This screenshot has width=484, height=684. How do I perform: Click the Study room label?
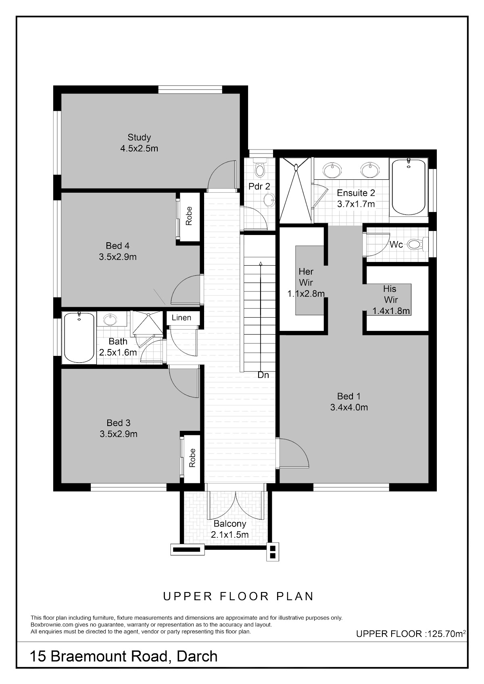pyautogui.click(x=139, y=137)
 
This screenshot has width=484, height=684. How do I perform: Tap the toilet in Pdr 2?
pyautogui.click(x=260, y=168)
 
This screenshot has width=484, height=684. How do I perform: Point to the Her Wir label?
pyautogui.click(x=306, y=277)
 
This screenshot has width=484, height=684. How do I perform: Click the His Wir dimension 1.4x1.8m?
pyautogui.click(x=391, y=311)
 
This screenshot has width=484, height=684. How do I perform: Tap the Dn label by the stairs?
pyautogui.click(x=263, y=375)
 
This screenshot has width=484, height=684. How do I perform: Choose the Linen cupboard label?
pyautogui.click(x=181, y=318)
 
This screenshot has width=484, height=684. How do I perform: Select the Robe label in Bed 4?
pyautogui.click(x=189, y=216)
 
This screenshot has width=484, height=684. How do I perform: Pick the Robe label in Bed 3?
pyautogui.click(x=192, y=458)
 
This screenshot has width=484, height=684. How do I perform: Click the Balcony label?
pyautogui.click(x=230, y=524)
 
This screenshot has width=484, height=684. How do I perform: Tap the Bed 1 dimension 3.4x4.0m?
pyautogui.click(x=349, y=407)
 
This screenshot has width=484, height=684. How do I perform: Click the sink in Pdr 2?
pyautogui.click(x=269, y=201)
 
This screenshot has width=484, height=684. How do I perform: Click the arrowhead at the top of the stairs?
pyautogui.click(x=260, y=263)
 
